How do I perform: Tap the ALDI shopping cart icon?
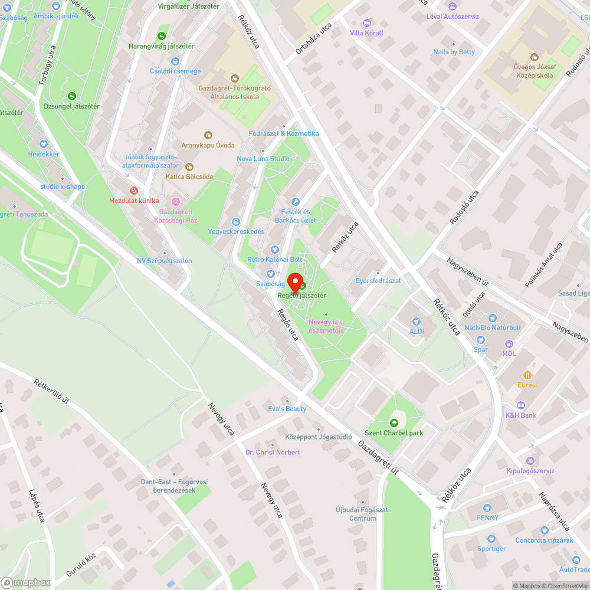click(417, 322)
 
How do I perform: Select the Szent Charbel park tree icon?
click(394, 422)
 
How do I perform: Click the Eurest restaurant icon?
click(527, 375)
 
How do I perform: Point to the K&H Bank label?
click(520, 415)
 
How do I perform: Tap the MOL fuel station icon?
click(509, 343)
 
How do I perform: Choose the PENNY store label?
click(487, 518)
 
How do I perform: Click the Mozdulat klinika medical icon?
click(134, 191)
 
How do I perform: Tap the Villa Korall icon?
click(366, 23)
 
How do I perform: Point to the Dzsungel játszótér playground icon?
click(72, 96)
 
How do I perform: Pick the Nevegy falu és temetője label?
click(326, 326)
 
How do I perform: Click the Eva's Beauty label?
click(287, 409)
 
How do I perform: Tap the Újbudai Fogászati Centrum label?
click(356, 514)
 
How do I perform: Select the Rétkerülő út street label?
click(52, 392)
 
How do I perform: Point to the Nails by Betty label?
click(454, 52)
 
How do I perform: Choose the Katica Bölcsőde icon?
click(189, 166)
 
